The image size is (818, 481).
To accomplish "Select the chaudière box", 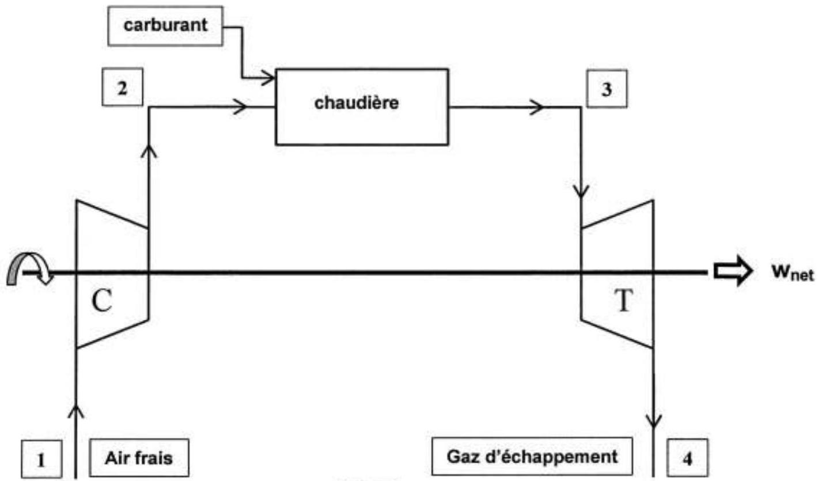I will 362,107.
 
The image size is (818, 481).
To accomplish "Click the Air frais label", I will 139,459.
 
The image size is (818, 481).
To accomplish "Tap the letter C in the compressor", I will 101,302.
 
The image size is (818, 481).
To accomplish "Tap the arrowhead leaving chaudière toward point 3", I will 536,107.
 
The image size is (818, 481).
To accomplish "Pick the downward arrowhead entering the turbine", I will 582,190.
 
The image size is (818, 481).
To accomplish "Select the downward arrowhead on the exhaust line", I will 653,421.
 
